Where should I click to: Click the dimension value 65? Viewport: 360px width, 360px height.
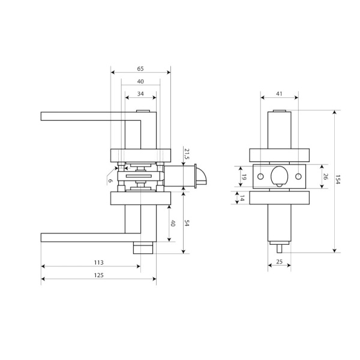click(x=140, y=68)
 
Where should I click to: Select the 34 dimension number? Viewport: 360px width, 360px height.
click(x=140, y=94)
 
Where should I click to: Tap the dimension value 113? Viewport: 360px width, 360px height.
click(x=99, y=262)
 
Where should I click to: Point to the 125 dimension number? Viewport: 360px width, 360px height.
click(x=99, y=275)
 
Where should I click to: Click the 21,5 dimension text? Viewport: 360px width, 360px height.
click(x=187, y=154)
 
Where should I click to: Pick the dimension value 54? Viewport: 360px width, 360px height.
click(x=187, y=223)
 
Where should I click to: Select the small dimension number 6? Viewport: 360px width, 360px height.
click(x=110, y=181)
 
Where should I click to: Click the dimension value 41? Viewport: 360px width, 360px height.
click(x=279, y=94)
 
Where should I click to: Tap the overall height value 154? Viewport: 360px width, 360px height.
click(x=337, y=179)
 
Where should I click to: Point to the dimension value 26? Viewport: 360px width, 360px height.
click(x=325, y=176)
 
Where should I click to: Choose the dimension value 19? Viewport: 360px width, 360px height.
click(x=244, y=177)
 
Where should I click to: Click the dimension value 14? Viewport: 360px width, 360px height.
click(x=242, y=198)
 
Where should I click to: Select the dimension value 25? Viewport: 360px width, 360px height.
click(x=279, y=262)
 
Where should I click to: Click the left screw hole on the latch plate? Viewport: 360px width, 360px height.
click(x=260, y=176)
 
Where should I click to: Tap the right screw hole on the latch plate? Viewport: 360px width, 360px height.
click(x=298, y=176)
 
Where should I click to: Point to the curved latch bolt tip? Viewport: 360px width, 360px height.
click(x=202, y=176)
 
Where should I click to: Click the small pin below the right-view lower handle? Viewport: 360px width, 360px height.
click(x=279, y=249)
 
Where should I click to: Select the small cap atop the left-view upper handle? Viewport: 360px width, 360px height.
click(x=143, y=111)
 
